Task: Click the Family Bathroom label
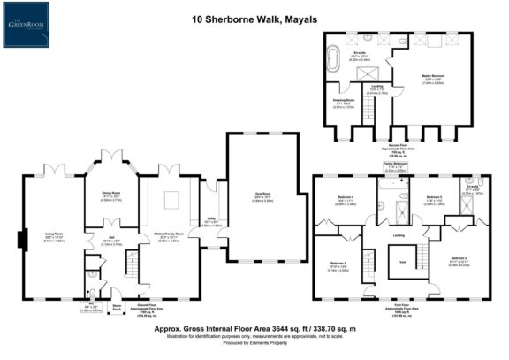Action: point(394,165)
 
